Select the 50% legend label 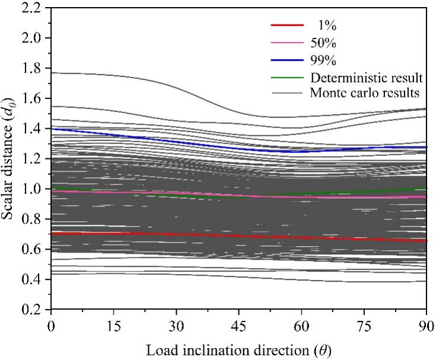point(320,42)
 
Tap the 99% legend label point(320,59)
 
